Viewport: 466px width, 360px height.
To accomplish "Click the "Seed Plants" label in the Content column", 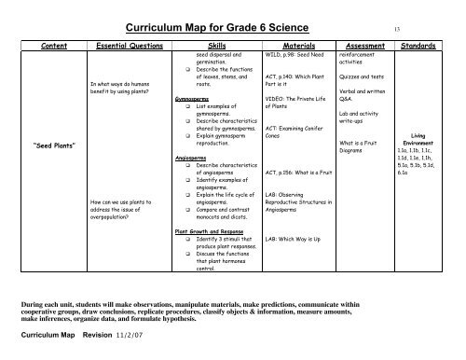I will pos(47,145).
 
